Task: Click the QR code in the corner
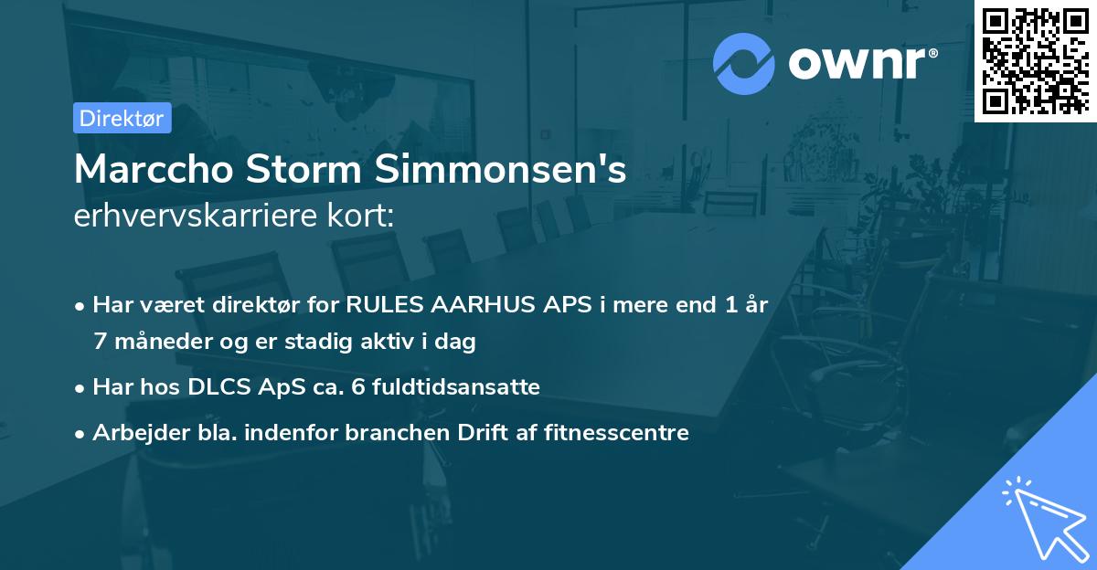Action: pyautogui.click(x=1036, y=60)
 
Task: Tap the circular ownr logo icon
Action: pyautogui.click(x=744, y=63)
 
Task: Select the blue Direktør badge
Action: pyautogui.click(x=122, y=118)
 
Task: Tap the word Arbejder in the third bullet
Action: pyautogui.click(x=133, y=433)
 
